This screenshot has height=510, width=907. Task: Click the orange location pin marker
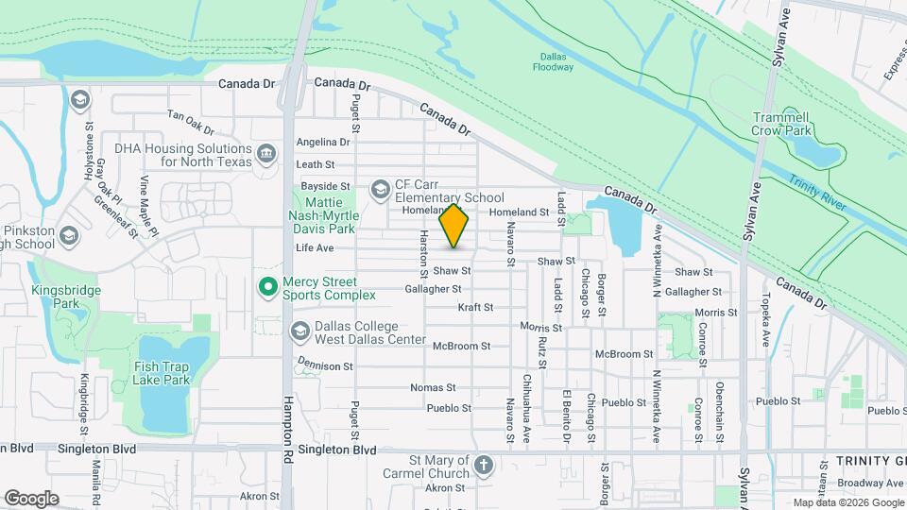coord(454,226)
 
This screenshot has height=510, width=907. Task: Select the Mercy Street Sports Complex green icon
coord(267,284)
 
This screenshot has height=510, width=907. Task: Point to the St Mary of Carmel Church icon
coord(483,465)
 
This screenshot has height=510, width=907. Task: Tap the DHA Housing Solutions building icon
coord(267,152)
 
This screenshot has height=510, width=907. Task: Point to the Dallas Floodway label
coord(553,62)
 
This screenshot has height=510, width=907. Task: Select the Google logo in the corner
coord(30,498)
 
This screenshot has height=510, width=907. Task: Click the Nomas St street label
coord(434,387)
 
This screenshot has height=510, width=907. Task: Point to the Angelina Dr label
coord(323,143)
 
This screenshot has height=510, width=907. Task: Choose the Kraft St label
coord(475,307)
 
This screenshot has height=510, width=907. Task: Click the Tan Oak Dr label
coord(191,121)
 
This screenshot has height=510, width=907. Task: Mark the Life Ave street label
coord(316,248)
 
